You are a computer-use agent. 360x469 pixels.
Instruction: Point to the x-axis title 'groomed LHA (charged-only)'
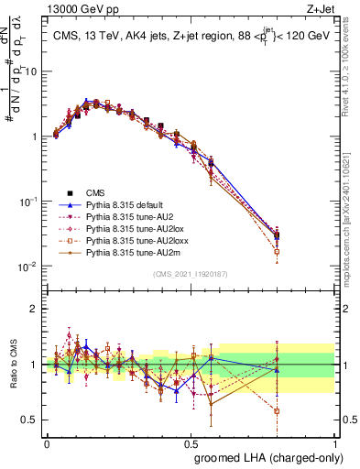pos(265,457)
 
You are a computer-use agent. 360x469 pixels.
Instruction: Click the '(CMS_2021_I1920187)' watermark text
pos(191,274)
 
